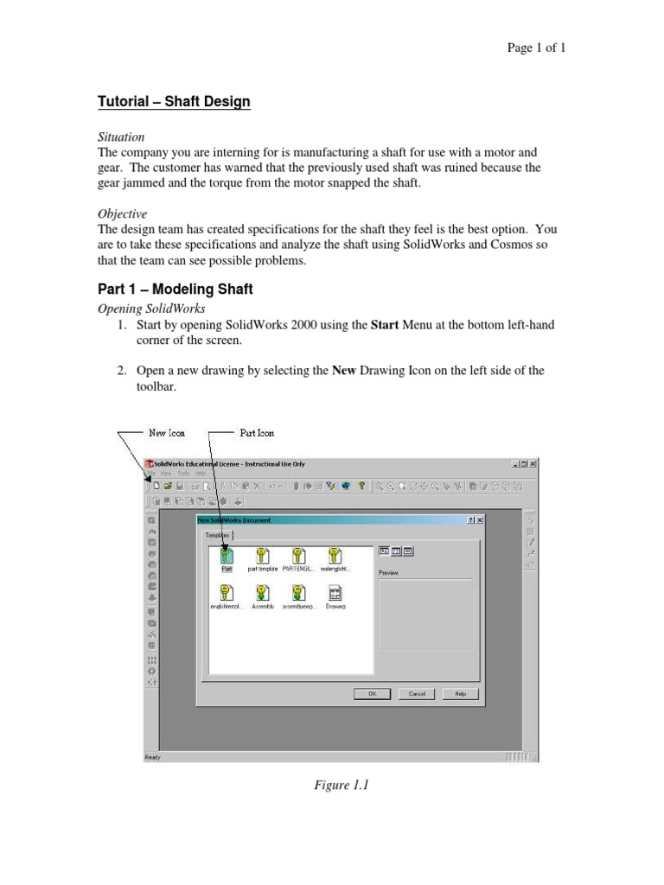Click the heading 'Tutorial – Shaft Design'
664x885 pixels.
click(174, 102)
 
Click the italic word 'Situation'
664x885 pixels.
click(120, 137)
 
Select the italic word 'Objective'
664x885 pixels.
click(122, 213)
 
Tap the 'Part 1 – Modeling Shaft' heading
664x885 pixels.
click(175, 290)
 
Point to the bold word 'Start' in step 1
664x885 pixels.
click(385, 325)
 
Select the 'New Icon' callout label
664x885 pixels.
click(167, 433)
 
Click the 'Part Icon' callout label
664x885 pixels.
click(257, 433)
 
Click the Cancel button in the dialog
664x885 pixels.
click(417, 693)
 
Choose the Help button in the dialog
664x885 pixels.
click(460, 693)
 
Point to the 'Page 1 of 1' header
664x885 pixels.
click(535, 48)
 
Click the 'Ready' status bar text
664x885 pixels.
click(153, 758)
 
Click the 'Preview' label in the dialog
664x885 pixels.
click(388, 573)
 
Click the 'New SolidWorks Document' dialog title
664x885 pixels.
click(234, 520)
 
